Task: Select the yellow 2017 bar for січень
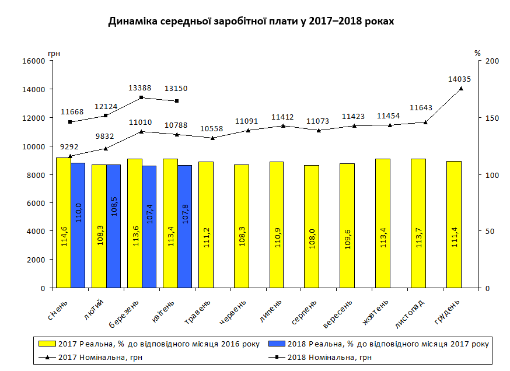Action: click(x=64, y=222)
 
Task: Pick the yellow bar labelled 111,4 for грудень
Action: click(x=453, y=224)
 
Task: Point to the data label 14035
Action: click(x=459, y=79)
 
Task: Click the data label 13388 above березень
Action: click(x=140, y=88)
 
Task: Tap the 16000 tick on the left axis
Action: click(x=34, y=61)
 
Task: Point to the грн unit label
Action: click(x=54, y=53)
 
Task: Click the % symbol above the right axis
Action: click(x=477, y=53)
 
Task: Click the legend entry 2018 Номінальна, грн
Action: click(x=329, y=358)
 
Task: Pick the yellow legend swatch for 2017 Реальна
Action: click(x=44, y=344)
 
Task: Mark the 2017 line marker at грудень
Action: click(x=461, y=89)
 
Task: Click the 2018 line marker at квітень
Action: click(x=177, y=101)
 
